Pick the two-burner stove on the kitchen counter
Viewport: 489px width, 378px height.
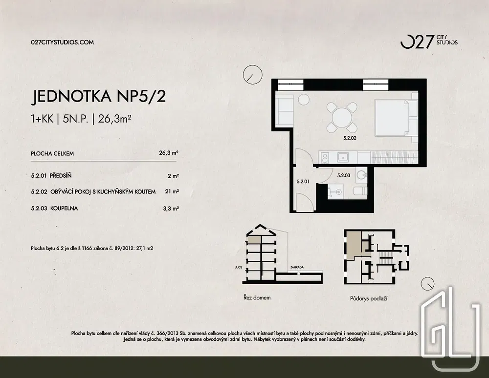[x=324, y=158]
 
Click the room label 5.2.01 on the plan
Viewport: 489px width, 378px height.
[x=303, y=181]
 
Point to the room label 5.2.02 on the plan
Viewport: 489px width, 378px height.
[x=349, y=138]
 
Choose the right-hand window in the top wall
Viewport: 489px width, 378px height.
[x=376, y=84]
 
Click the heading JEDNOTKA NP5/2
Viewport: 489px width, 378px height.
[x=98, y=97]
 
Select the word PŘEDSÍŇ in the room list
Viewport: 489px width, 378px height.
[x=61, y=176]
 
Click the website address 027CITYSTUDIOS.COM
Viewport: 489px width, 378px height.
[x=63, y=42]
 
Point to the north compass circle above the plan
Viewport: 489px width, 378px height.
[x=253, y=74]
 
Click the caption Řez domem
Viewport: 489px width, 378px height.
[x=257, y=298]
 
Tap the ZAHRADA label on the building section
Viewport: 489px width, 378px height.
[x=297, y=267]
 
